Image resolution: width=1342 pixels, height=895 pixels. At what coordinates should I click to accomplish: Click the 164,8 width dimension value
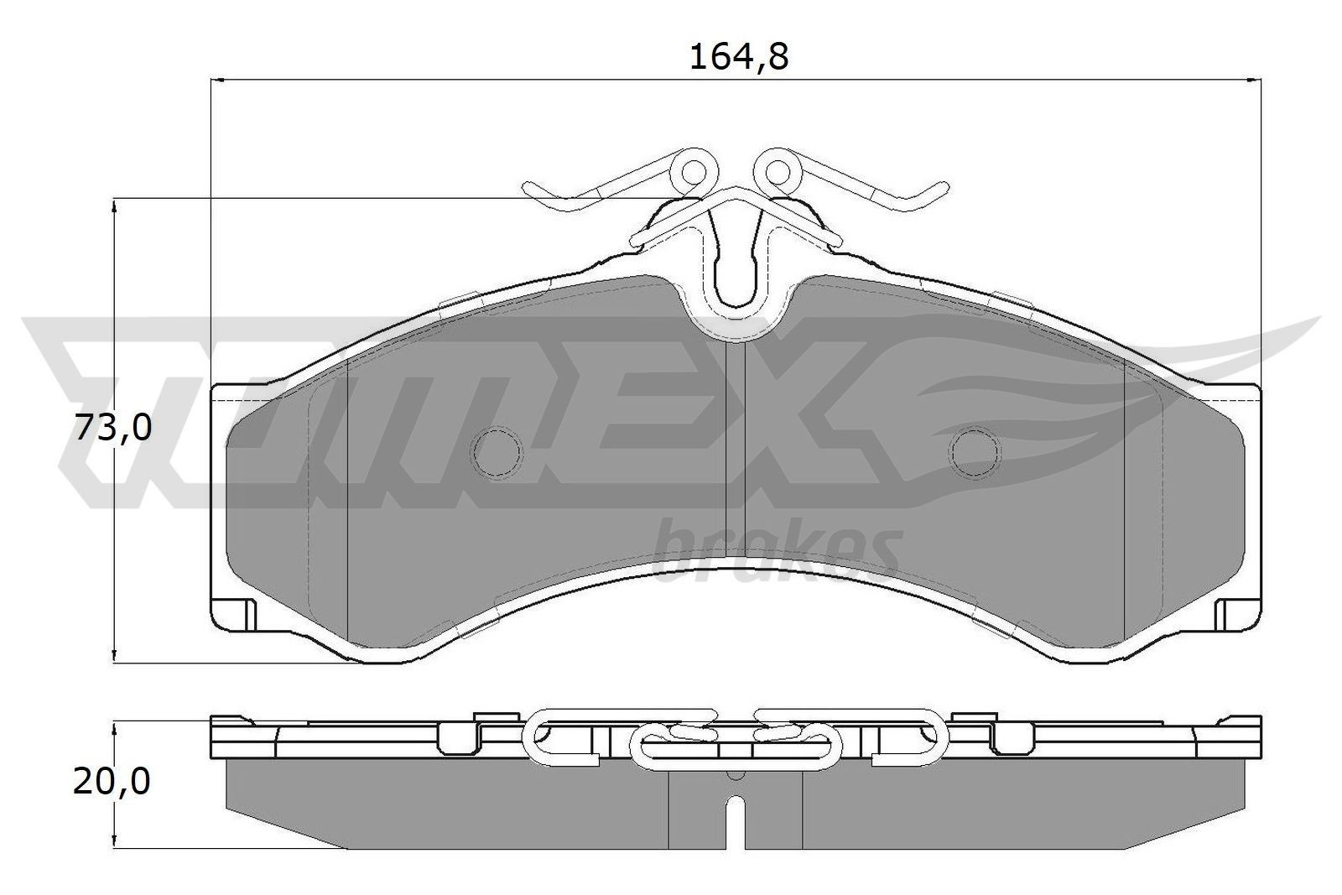click(x=738, y=57)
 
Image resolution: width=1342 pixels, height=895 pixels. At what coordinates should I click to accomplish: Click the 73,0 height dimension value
click(x=113, y=429)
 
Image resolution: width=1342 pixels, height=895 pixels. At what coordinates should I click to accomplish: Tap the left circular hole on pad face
click(x=497, y=452)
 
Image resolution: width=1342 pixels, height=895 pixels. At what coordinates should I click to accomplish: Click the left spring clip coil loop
click(x=693, y=172)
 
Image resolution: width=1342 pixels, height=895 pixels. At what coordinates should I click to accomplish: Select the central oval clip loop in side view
click(x=736, y=747)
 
